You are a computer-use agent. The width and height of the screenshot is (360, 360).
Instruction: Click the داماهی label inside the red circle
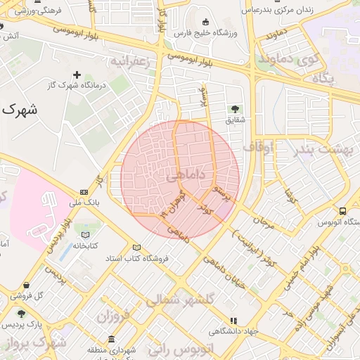(185, 174)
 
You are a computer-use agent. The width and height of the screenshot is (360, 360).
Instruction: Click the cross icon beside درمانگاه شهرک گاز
(77, 74)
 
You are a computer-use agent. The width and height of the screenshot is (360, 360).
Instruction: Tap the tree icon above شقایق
(235, 109)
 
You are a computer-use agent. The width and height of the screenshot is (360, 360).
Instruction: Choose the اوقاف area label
(259, 147)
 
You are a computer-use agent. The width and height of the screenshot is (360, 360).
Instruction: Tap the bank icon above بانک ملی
(84, 192)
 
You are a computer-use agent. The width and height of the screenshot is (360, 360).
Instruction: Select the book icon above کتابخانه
(85, 234)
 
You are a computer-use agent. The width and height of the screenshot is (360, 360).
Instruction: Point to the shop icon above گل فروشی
(26, 285)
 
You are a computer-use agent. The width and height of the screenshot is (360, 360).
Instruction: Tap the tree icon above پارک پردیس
(20, 314)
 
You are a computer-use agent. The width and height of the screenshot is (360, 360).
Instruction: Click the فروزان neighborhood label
(114, 315)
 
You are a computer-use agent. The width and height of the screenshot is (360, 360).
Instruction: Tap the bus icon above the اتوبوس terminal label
(342, 211)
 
